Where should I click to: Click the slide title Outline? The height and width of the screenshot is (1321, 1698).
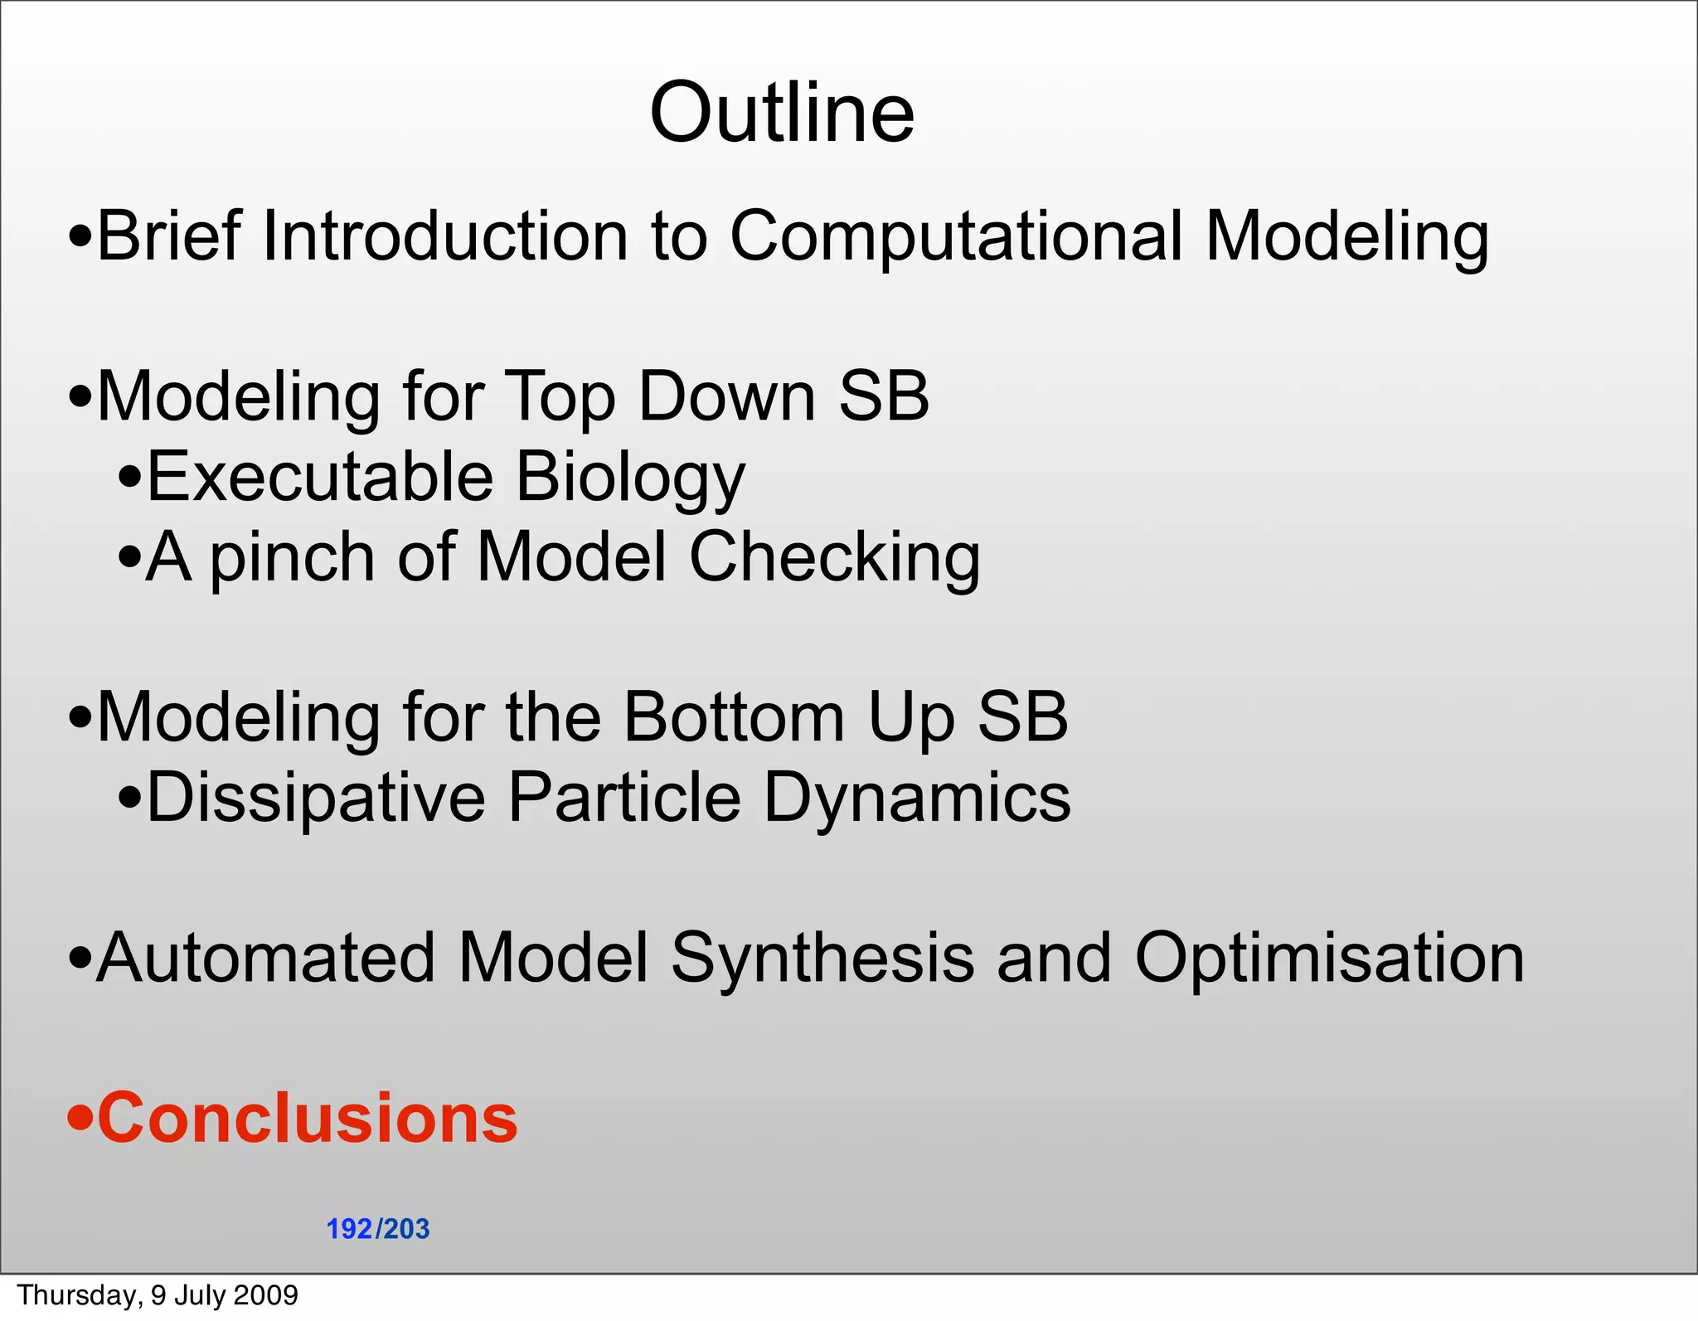coord(782,113)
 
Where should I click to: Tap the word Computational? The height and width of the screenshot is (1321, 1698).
coord(955,239)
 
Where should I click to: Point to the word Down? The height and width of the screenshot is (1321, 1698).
coord(726,396)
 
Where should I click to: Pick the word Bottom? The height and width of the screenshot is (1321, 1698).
coord(733,716)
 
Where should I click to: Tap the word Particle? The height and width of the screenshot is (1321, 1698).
coord(623,797)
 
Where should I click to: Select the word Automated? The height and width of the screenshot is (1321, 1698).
coord(265,958)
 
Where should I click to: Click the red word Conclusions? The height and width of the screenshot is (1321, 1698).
coord(307,1118)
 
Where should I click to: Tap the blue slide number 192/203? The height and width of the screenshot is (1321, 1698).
coord(378,1229)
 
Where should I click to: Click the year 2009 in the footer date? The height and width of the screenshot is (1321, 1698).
coord(266,1295)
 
